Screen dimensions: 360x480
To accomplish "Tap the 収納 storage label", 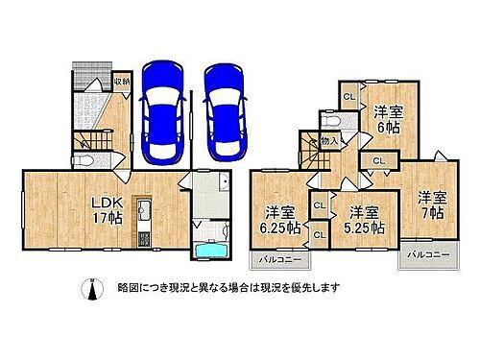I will click(121, 82).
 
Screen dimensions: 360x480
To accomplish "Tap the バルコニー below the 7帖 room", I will click(425, 254).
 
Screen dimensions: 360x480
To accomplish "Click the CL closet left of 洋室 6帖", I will click(348, 96).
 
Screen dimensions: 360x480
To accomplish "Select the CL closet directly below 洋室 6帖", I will click(378, 160).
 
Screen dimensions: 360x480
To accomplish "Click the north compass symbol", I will click(92, 289).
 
